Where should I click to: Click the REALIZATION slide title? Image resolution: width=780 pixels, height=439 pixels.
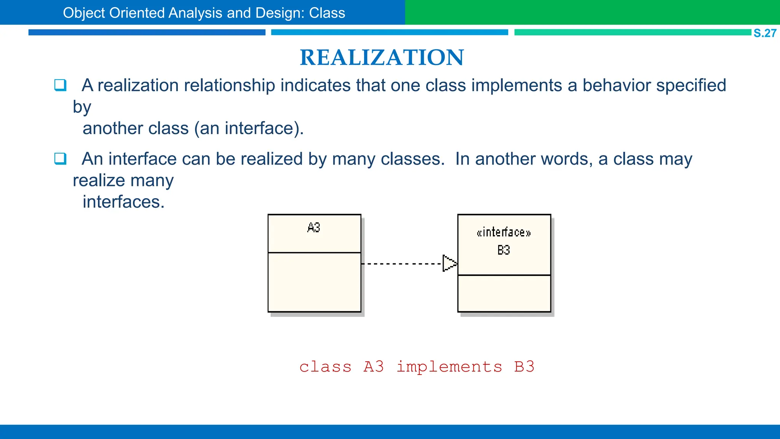pos(382,58)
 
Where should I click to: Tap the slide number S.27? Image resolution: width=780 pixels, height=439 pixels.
pos(764,33)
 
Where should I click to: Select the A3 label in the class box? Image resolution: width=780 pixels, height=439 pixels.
pos(314,228)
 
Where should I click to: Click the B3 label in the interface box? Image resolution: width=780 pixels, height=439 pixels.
pos(503,250)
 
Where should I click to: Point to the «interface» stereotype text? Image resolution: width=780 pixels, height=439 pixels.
pos(503,232)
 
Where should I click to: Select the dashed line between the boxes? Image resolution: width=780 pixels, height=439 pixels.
pos(401,264)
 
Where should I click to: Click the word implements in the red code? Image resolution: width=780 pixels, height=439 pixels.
pos(449,367)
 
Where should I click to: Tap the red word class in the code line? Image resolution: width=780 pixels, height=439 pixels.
pos(325,367)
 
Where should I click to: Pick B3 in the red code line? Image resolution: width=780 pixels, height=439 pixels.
pos(524,367)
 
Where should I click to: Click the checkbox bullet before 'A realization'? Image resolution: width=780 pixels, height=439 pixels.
pos(60,85)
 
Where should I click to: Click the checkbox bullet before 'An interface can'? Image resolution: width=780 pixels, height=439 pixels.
pos(60,158)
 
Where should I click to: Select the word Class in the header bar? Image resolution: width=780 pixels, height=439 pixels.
pos(327,13)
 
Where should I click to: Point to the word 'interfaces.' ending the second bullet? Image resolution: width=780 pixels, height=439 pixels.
pos(123,202)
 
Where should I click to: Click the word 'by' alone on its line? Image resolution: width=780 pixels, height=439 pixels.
pos(82,107)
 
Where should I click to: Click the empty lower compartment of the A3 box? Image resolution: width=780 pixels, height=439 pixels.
pos(314,282)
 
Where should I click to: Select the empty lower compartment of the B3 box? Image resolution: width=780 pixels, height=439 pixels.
pos(504,293)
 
